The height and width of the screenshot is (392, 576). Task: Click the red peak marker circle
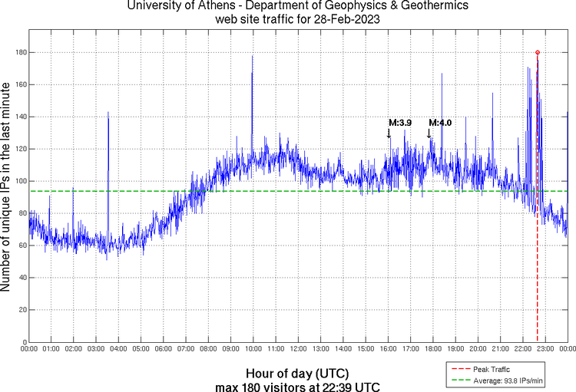[x=538, y=52]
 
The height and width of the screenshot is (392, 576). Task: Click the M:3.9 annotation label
[x=400, y=123]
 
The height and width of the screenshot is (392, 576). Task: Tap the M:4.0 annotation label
[x=440, y=123]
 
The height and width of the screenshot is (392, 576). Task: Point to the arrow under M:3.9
[x=389, y=133]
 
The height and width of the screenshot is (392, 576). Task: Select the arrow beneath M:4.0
[x=429, y=133]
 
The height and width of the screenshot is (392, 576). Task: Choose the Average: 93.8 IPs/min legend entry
[x=508, y=380]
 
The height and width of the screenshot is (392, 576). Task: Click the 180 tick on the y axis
[x=19, y=52]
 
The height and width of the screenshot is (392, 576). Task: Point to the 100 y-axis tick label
[x=19, y=181]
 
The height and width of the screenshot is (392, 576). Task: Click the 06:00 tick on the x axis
[x=163, y=349]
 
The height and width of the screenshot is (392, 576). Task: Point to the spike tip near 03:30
[x=108, y=112]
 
